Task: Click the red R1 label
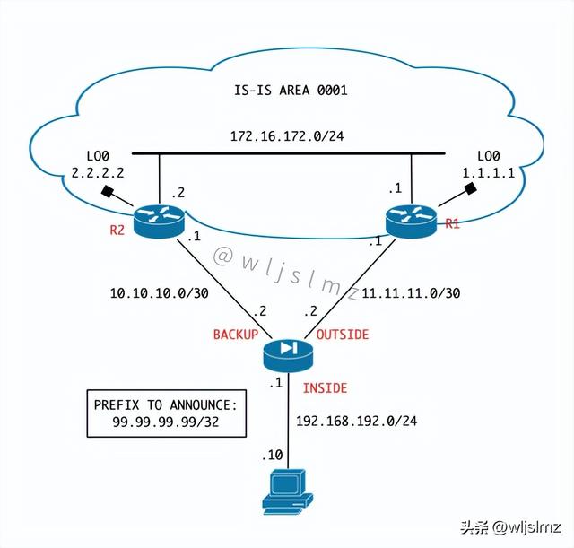click(x=451, y=223)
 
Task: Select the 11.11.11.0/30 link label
click(x=412, y=293)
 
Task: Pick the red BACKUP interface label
click(x=235, y=335)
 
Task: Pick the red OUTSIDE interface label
click(x=343, y=335)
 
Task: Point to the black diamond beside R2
click(x=109, y=192)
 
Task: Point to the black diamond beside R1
click(x=469, y=190)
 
